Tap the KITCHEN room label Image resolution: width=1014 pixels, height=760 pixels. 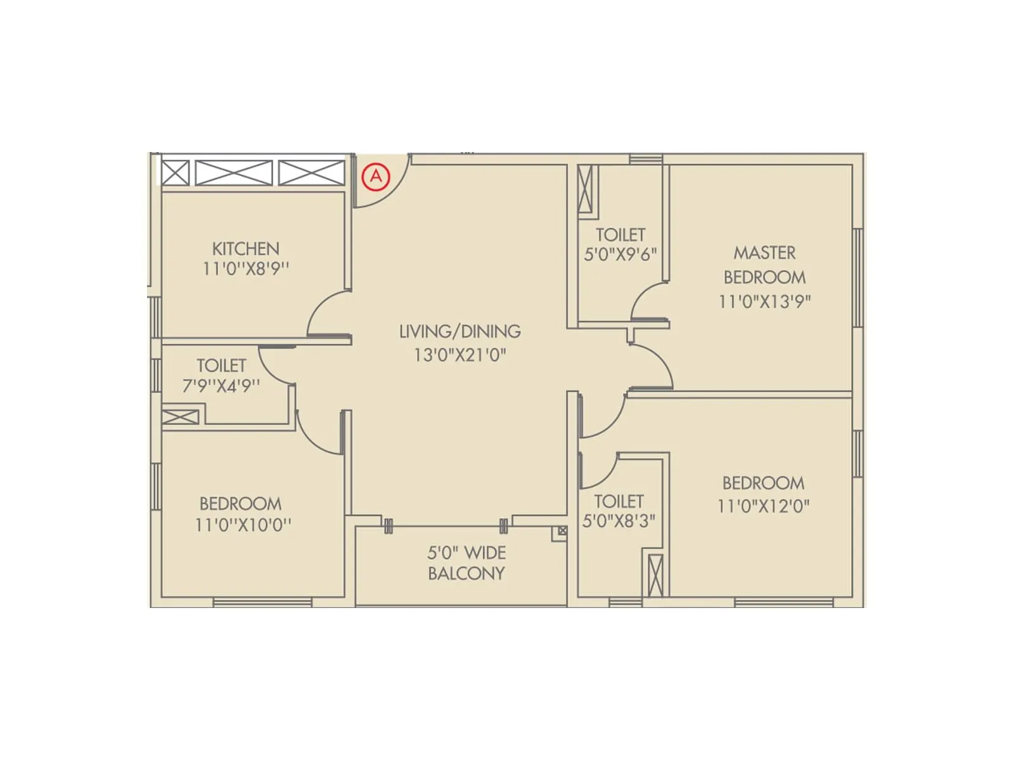point(245,248)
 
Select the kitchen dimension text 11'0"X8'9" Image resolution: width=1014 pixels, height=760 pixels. point(245,269)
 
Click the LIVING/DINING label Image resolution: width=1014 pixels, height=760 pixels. point(460,331)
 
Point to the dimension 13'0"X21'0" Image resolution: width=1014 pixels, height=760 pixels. point(460,355)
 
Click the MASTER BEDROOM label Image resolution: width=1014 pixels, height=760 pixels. point(764,265)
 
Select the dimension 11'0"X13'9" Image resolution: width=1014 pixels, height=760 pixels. point(764,301)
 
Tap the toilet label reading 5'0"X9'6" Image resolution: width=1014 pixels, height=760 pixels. point(620,254)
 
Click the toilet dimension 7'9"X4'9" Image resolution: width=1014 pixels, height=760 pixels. point(221,386)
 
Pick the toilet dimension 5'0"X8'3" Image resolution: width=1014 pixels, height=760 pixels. point(619,521)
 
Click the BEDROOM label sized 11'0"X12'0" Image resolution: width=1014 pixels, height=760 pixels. point(763,483)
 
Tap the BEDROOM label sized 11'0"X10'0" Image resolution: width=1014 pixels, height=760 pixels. point(240,504)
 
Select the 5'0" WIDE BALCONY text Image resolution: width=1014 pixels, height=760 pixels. point(466,563)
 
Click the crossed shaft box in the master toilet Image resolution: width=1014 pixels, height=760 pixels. point(585,189)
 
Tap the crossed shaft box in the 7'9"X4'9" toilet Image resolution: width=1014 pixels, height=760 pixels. point(181,417)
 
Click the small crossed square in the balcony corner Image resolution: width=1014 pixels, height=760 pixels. point(562,531)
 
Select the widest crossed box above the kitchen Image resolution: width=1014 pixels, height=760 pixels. point(234,173)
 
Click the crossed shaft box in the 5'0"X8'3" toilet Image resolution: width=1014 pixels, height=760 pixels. point(655,575)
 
